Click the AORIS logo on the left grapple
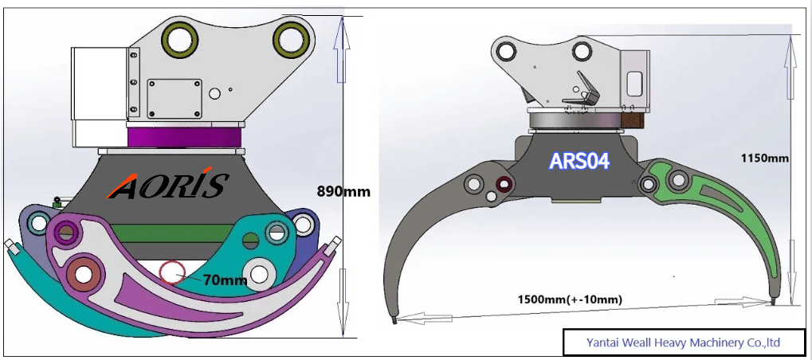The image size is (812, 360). point(168,186)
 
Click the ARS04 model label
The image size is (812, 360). point(579,161)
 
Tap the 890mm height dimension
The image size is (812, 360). point(344,192)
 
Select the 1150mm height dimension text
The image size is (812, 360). point(763,158)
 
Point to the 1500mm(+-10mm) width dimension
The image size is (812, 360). point(570,299)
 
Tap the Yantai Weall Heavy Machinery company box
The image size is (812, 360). point(683,342)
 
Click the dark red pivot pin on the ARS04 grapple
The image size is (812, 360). point(504,186)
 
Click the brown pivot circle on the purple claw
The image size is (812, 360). point(84,272)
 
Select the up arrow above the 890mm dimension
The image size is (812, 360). point(342,48)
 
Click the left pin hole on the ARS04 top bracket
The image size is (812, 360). point(504,53)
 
